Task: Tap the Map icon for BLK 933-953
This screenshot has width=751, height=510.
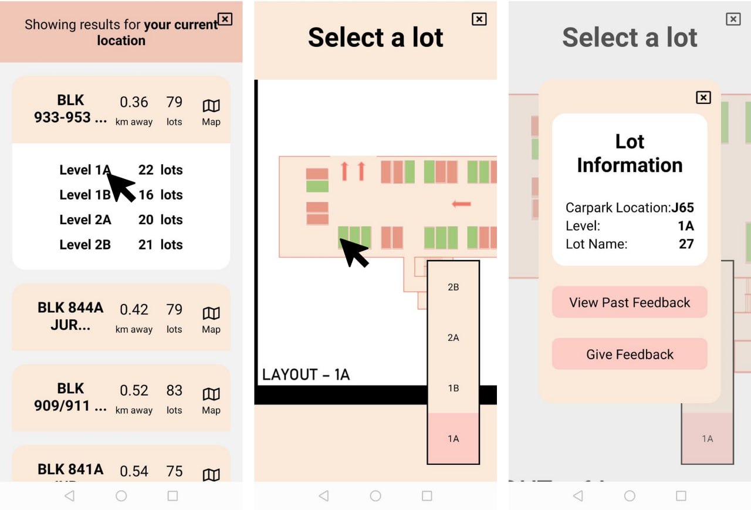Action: coord(211,106)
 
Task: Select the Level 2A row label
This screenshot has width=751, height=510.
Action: coord(85,220)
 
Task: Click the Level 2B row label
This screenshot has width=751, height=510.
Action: coord(85,245)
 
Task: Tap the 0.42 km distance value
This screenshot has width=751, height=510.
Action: coord(134,309)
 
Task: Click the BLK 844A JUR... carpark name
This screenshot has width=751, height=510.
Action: coord(70,316)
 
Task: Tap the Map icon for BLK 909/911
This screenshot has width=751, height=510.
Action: coord(211,394)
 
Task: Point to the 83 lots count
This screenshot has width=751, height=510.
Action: coord(174,390)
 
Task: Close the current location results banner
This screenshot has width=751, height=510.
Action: coord(225,19)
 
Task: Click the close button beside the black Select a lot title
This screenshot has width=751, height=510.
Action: coord(479,19)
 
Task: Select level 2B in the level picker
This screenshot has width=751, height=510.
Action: coord(454,287)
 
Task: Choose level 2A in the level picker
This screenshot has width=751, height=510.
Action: coord(454,337)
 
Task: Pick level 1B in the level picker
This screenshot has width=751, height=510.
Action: coord(454,389)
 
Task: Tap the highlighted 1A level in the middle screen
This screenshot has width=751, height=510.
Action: coord(454,438)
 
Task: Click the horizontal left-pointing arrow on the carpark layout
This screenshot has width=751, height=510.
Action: coord(461,204)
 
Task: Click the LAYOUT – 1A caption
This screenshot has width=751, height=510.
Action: coord(306,374)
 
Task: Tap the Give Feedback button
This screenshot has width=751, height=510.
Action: coord(630,354)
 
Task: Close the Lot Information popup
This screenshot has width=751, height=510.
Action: coord(703,97)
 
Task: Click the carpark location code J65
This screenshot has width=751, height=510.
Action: coord(682,208)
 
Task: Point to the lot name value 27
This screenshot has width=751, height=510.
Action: coord(686,244)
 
